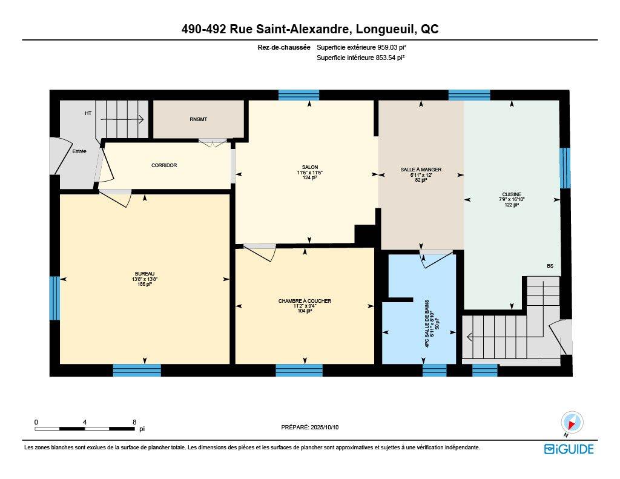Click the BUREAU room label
click(x=145, y=274)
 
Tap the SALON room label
click(x=310, y=167)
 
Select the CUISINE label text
click(x=511, y=194)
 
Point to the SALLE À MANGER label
click(x=421, y=170)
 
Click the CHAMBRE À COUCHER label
click(x=305, y=301)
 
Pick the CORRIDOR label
click(x=164, y=165)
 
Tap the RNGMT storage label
click(x=198, y=119)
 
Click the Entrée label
click(x=79, y=151)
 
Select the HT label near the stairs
click(x=88, y=113)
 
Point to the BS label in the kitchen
click(x=550, y=266)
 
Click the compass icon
click(x=572, y=422)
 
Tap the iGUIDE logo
click(x=569, y=449)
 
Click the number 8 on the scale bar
click(x=134, y=421)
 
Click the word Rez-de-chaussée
click(x=284, y=47)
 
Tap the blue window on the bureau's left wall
click(x=54, y=298)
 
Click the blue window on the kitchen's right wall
click(x=564, y=168)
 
